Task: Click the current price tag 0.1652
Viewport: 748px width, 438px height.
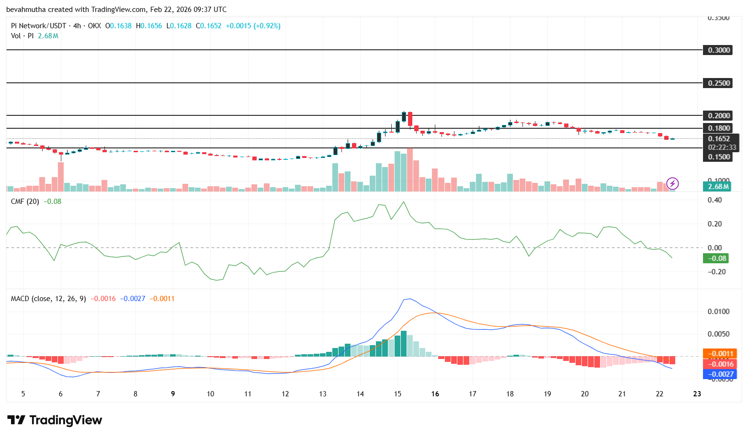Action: [719, 139]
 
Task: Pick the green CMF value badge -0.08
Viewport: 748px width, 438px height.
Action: [715, 258]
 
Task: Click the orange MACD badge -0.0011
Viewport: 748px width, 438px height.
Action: [720, 354]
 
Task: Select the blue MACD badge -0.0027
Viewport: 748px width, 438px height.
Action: [720, 374]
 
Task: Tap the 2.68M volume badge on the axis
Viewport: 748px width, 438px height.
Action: [718, 187]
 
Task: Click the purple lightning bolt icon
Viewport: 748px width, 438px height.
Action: [673, 183]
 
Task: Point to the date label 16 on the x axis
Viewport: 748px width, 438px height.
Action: [435, 394]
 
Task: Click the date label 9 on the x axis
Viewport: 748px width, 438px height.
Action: [173, 394]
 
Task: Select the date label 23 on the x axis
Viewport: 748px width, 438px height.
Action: [697, 394]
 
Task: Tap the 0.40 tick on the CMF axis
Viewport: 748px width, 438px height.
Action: [714, 200]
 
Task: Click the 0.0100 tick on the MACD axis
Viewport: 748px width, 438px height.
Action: [718, 312]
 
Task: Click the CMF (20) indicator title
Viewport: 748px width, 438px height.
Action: [25, 202]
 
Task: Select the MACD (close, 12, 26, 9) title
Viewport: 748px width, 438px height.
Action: [48, 299]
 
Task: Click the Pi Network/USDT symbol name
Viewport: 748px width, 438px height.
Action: [38, 26]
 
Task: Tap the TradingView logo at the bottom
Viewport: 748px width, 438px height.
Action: [55, 420]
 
